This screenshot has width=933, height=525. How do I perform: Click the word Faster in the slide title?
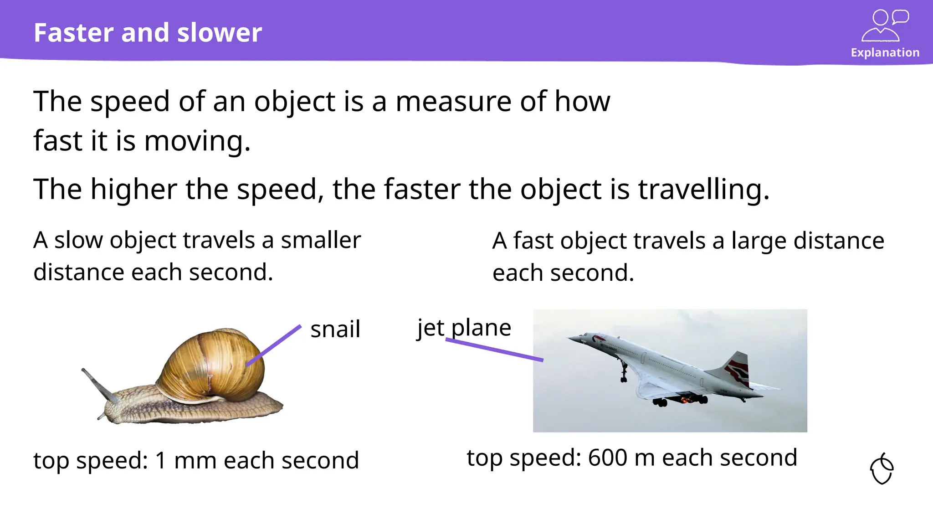(x=73, y=33)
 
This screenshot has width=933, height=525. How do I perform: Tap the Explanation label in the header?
(x=885, y=53)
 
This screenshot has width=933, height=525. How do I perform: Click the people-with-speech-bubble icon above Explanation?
(x=885, y=26)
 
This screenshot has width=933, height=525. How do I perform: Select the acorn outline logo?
(x=882, y=469)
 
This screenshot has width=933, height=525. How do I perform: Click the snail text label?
(x=335, y=329)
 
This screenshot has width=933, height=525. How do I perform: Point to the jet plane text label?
(x=464, y=328)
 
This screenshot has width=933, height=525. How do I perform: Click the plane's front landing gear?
(x=623, y=371)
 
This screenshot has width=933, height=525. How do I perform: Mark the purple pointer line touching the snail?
(x=273, y=345)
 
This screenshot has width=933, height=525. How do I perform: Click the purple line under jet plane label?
(x=494, y=350)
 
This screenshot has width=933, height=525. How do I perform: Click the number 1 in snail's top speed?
(x=161, y=460)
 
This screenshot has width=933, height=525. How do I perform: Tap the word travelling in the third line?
(x=703, y=189)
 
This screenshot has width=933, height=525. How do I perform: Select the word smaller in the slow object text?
(x=320, y=240)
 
